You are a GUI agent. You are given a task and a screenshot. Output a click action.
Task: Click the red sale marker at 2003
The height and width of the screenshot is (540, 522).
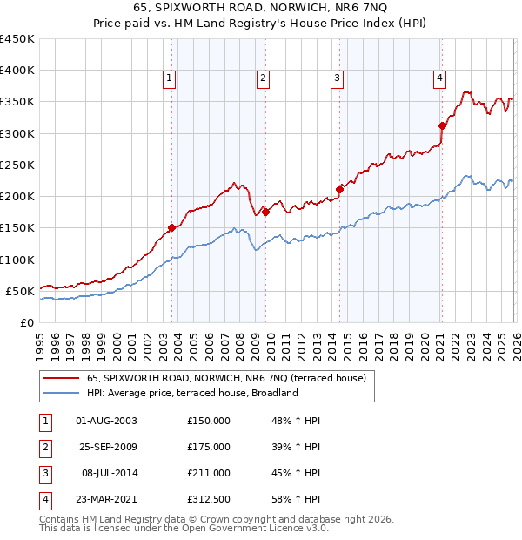click(x=171, y=227)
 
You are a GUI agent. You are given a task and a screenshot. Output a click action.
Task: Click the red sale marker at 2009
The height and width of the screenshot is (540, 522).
click(x=265, y=212)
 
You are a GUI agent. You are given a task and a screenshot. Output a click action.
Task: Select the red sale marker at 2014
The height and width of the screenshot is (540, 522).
click(x=339, y=189)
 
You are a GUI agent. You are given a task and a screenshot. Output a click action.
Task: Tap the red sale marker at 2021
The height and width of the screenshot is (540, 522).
click(x=442, y=125)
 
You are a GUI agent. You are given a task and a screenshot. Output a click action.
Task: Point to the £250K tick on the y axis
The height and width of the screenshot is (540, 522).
click(x=17, y=165)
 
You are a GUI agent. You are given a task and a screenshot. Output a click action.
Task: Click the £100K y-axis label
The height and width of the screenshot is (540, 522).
click(x=17, y=260)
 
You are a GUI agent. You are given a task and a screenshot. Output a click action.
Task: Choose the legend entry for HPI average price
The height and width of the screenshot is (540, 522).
click(x=191, y=393)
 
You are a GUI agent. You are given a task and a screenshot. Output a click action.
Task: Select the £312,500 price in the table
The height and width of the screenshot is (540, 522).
click(x=209, y=500)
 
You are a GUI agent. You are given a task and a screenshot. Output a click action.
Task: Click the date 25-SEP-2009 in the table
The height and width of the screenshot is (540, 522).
click(x=106, y=447)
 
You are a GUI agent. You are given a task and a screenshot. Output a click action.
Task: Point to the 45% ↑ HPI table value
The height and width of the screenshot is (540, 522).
click(x=296, y=474)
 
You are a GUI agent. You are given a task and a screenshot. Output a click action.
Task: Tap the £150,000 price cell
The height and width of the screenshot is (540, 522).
click(x=209, y=421)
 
